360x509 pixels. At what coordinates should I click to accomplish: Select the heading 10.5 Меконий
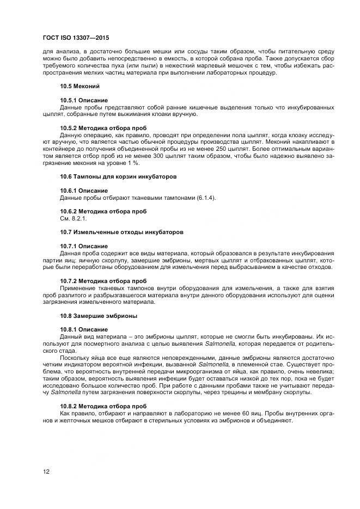tap(80, 87)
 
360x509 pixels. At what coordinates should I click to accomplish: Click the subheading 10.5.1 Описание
tap(84, 101)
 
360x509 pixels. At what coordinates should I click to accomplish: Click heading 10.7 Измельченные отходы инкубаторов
tap(121, 232)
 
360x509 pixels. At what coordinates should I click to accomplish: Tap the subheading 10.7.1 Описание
tap(84, 246)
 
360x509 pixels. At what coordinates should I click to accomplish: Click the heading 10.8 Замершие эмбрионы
tap(99, 315)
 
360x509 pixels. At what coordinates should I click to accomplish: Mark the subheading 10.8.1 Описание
tap(84, 329)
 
